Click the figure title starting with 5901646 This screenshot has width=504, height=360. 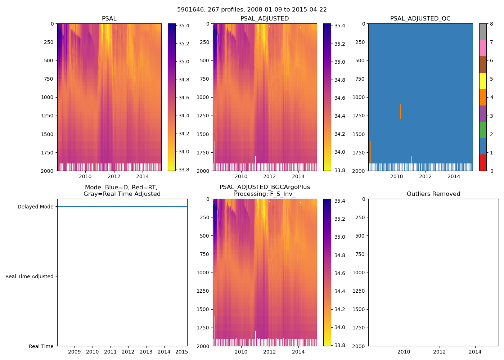coord(252,10)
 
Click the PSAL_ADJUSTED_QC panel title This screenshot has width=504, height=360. coord(420,19)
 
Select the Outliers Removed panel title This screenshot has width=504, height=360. coord(433,194)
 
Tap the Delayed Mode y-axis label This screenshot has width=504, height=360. coord(35,207)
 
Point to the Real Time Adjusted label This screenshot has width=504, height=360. coord(30,276)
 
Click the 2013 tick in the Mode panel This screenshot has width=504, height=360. coord(146,352)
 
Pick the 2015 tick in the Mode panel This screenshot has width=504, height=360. coord(182,352)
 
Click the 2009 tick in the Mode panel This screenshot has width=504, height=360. coord(75,352)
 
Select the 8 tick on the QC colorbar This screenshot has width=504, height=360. coord(491,24)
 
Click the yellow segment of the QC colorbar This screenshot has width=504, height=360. coord(483,81)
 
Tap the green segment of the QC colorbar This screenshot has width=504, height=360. coord(483,130)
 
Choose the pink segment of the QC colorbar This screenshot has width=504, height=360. coord(483,48)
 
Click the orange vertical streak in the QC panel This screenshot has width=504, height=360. coord(401,112)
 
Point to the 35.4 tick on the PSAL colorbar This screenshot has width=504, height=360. coord(184,26)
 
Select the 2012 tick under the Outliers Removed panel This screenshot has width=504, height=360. coord(439,352)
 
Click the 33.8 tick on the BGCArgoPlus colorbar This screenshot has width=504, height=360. coord(340,345)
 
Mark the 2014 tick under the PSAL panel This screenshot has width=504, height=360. coord(143,176)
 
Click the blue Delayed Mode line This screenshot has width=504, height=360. coord(122,207)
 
